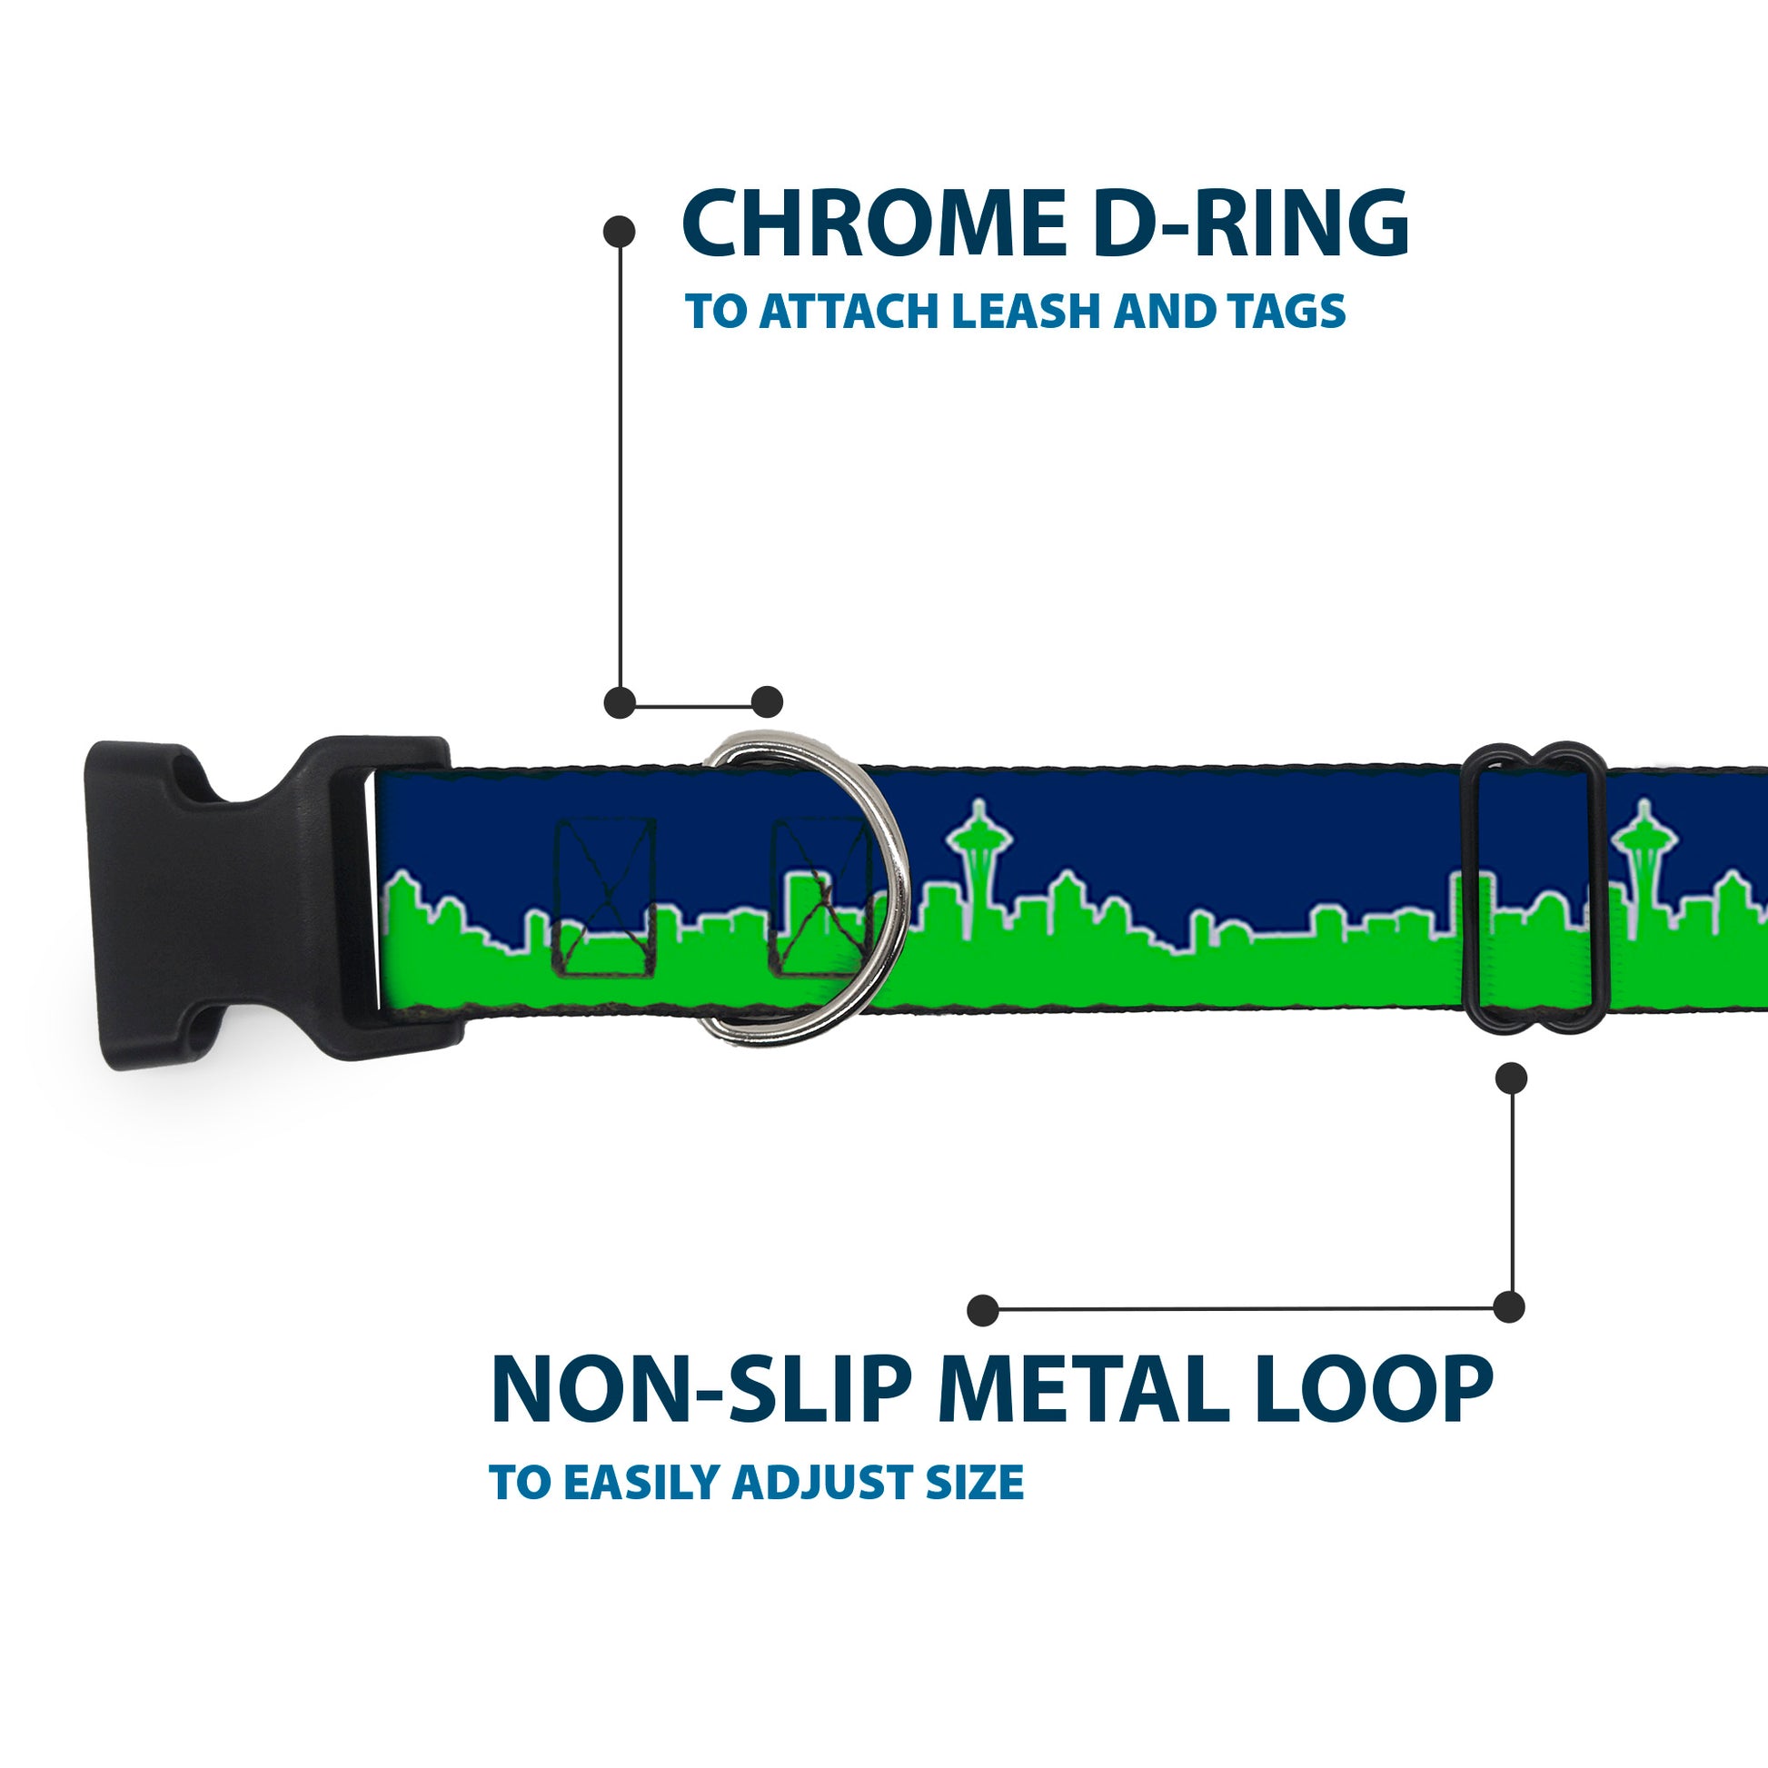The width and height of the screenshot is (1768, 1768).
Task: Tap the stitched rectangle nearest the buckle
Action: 606,898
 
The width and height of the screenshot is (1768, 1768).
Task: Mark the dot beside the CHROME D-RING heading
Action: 620,231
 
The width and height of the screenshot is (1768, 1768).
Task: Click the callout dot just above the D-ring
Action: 767,702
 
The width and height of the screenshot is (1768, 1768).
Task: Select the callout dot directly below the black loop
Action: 1511,1078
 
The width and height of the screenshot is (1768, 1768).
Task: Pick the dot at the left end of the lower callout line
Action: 983,1309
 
